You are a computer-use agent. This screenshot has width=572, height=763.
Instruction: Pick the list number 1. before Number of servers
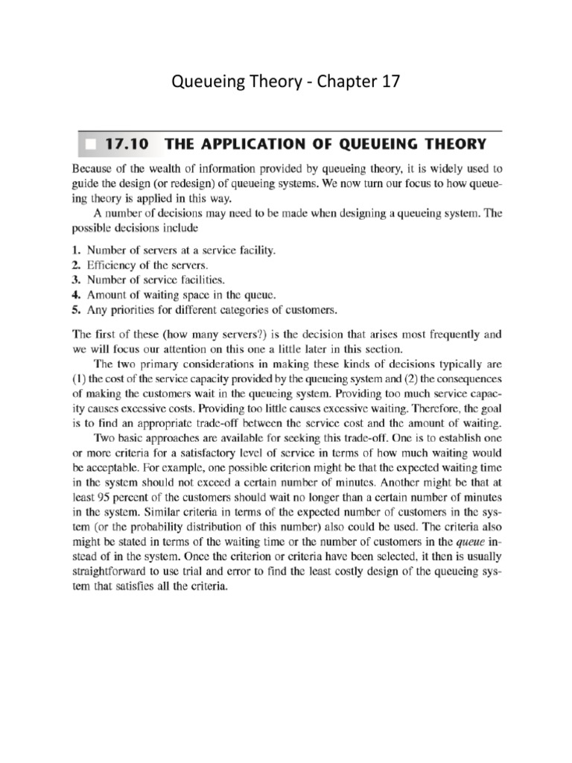point(77,252)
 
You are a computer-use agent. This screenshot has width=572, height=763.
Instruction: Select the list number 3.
point(77,281)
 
